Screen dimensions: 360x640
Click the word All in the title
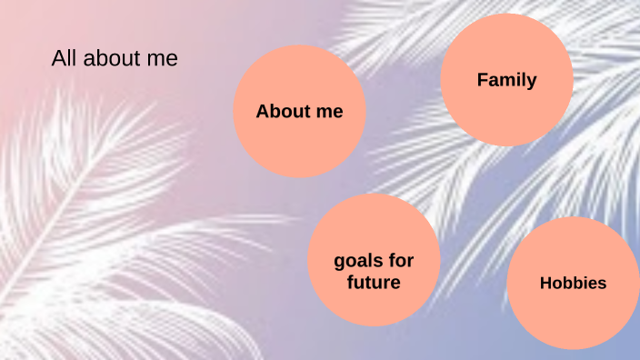click(x=64, y=59)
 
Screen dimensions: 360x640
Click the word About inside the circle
click(x=283, y=112)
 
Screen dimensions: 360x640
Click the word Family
click(x=506, y=80)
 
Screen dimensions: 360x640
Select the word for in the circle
click(x=401, y=261)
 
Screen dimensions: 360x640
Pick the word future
click(x=374, y=283)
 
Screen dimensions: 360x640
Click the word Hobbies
click(x=573, y=284)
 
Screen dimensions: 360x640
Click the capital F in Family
click(x=482, y=80)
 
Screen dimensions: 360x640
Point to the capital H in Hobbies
click(x=545, y=284)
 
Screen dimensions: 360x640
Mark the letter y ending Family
click(x=532, y=82)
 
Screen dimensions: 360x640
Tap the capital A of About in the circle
click(x=262, y=112)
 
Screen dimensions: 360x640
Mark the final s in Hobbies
click(x=602, y=284)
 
